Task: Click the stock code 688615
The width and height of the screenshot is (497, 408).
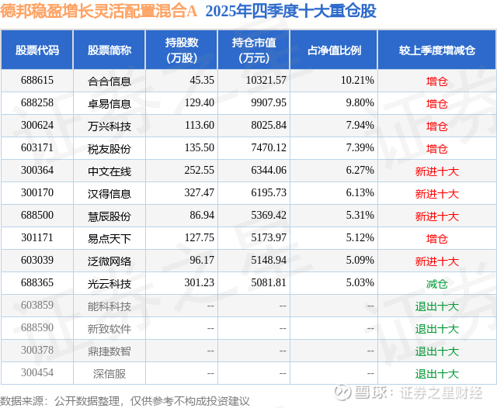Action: click(x=37, y=81)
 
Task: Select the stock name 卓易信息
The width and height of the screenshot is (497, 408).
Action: click(x=109, y=103)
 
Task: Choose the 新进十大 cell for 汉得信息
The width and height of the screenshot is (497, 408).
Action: click(x=437, y=193)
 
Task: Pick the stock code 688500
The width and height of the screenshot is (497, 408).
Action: click(x=37, y=216)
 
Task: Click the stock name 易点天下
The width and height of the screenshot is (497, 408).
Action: click(x=109, y=238)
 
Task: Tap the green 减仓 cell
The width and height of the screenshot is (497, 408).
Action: click(x=437, y=284)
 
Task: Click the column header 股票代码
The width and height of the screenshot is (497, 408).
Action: click(x=37, y=50)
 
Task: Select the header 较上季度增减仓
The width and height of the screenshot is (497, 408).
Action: click(x=437, y=50)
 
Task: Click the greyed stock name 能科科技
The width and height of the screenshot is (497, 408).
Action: click(x=109, y=306)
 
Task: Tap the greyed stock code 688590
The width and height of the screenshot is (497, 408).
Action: click(x=37, y=329)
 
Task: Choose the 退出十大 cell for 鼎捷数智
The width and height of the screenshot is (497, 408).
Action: click(x=437, y=351)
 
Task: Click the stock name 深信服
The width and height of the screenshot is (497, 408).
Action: click(x=109, y=374)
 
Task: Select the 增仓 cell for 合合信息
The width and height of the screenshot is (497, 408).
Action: click(x=437, y=81)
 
